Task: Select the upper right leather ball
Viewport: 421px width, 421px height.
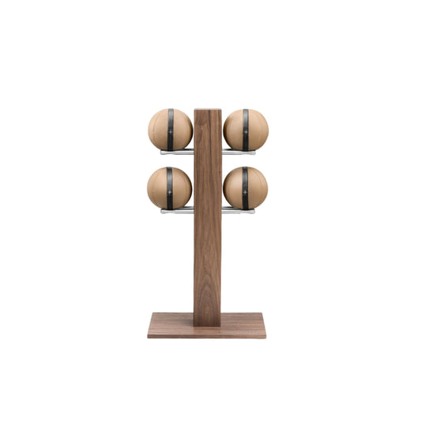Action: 255,129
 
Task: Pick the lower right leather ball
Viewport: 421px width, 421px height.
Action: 255,188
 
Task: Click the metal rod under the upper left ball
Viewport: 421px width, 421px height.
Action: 178,151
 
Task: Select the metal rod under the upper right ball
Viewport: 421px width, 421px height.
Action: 238,151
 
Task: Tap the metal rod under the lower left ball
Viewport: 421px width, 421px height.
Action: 178,211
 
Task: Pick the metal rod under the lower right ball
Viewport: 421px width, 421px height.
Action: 238,211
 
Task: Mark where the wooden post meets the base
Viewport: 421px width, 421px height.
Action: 208,322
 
